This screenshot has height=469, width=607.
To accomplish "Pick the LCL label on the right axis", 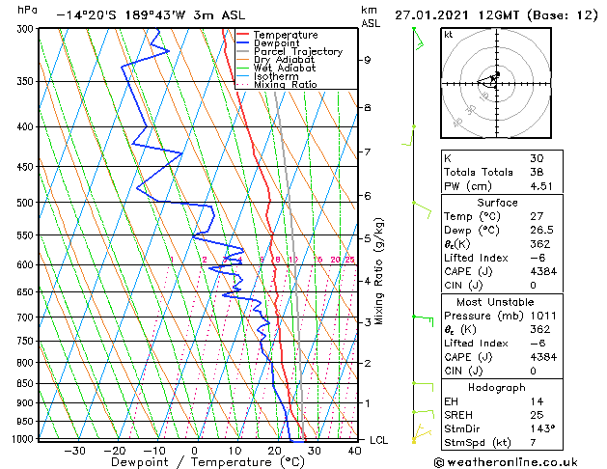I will tap(380, 440).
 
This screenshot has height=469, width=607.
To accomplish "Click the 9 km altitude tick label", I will tap(368, 60).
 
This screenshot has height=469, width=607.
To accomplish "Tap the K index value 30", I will tap(537, 159).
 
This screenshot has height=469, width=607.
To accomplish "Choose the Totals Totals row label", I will tap(475, 174).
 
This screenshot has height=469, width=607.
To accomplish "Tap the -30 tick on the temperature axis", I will tap(74, 451).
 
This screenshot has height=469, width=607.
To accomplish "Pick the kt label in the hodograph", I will tap(449, 34).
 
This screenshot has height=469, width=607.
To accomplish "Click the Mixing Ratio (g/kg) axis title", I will tap(379, 272).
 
